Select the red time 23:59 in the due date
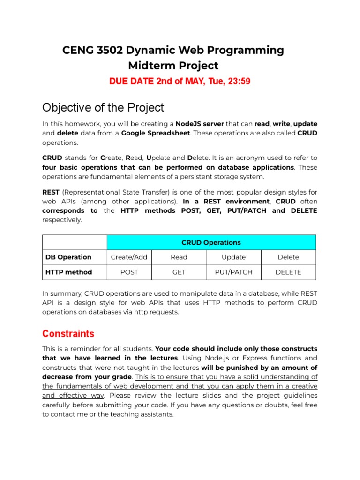[239, 82]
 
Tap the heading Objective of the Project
[103, 107]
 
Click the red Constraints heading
[68, 334]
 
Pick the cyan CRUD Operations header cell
[211, 242]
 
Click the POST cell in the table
[129, 272]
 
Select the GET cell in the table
[179, 272]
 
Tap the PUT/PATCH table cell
[233, 272]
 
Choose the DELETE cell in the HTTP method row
[288, 272]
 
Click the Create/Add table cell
[129, 257]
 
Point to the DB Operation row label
[68, 257]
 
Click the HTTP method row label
[68, 272]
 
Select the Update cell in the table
[233, 257]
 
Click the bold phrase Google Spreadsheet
[156, 133]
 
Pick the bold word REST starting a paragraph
[51, 192]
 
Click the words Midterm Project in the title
[173, 66]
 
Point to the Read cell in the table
[179, 257]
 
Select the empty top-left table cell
[75, 242]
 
